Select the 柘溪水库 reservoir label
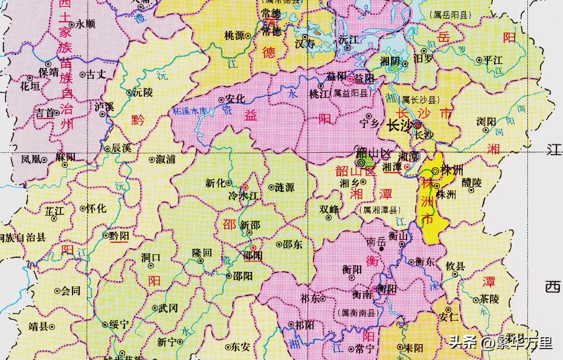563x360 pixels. [193, 112]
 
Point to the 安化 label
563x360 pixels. [234, 98]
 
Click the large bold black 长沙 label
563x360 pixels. [399, 126]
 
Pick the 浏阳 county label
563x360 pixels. [485, 121]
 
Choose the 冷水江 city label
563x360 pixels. [240, 196]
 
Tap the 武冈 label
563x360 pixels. [169, 308]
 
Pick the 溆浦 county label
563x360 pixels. [166, 160]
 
